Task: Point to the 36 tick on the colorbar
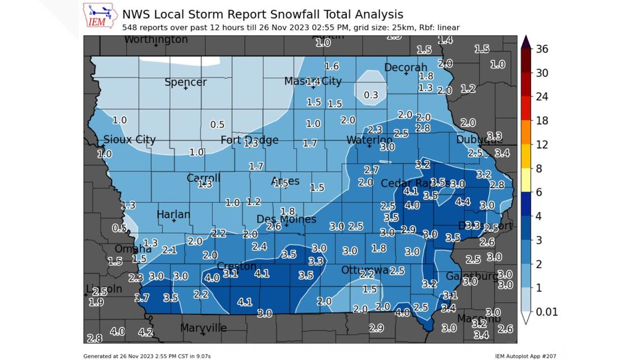[542, 49]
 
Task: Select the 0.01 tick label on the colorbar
[546, 312]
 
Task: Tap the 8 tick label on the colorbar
[539, 168]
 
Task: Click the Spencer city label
[185, 82]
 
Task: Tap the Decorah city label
[405, 67]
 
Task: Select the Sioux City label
[130, 139]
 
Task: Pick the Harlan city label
[173, 215]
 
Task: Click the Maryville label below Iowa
[203, 327]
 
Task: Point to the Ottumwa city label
[364, 270]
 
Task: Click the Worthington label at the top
[156, 40]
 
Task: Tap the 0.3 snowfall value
[371, 95]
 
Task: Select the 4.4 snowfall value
[463, 202]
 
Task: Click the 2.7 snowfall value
[371, 170]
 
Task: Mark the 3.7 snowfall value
[141, 298]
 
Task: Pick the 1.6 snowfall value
[332, 66]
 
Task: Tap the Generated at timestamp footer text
[147, 356]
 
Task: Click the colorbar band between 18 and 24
[525, 108]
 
